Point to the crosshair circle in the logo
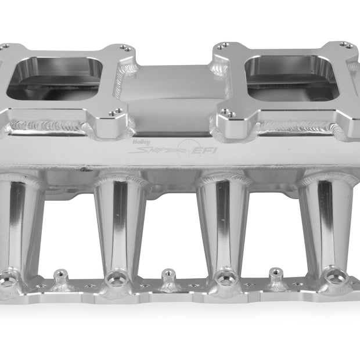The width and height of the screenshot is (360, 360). click(189, 150)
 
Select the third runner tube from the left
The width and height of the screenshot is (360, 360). click(223, 226)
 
